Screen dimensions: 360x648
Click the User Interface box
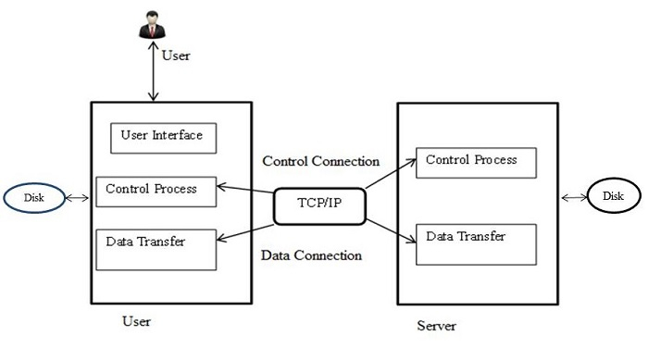(162, 138)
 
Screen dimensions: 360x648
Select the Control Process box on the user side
(156, 192)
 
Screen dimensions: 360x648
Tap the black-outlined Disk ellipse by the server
(614, 196)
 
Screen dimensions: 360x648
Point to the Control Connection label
(320, 161)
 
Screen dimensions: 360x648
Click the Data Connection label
(310, 255)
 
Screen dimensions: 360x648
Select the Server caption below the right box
(436, 327)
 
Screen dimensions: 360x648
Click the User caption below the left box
(136, 322)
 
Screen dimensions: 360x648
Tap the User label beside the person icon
(176, 56)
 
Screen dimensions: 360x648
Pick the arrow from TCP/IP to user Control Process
(245, 194)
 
